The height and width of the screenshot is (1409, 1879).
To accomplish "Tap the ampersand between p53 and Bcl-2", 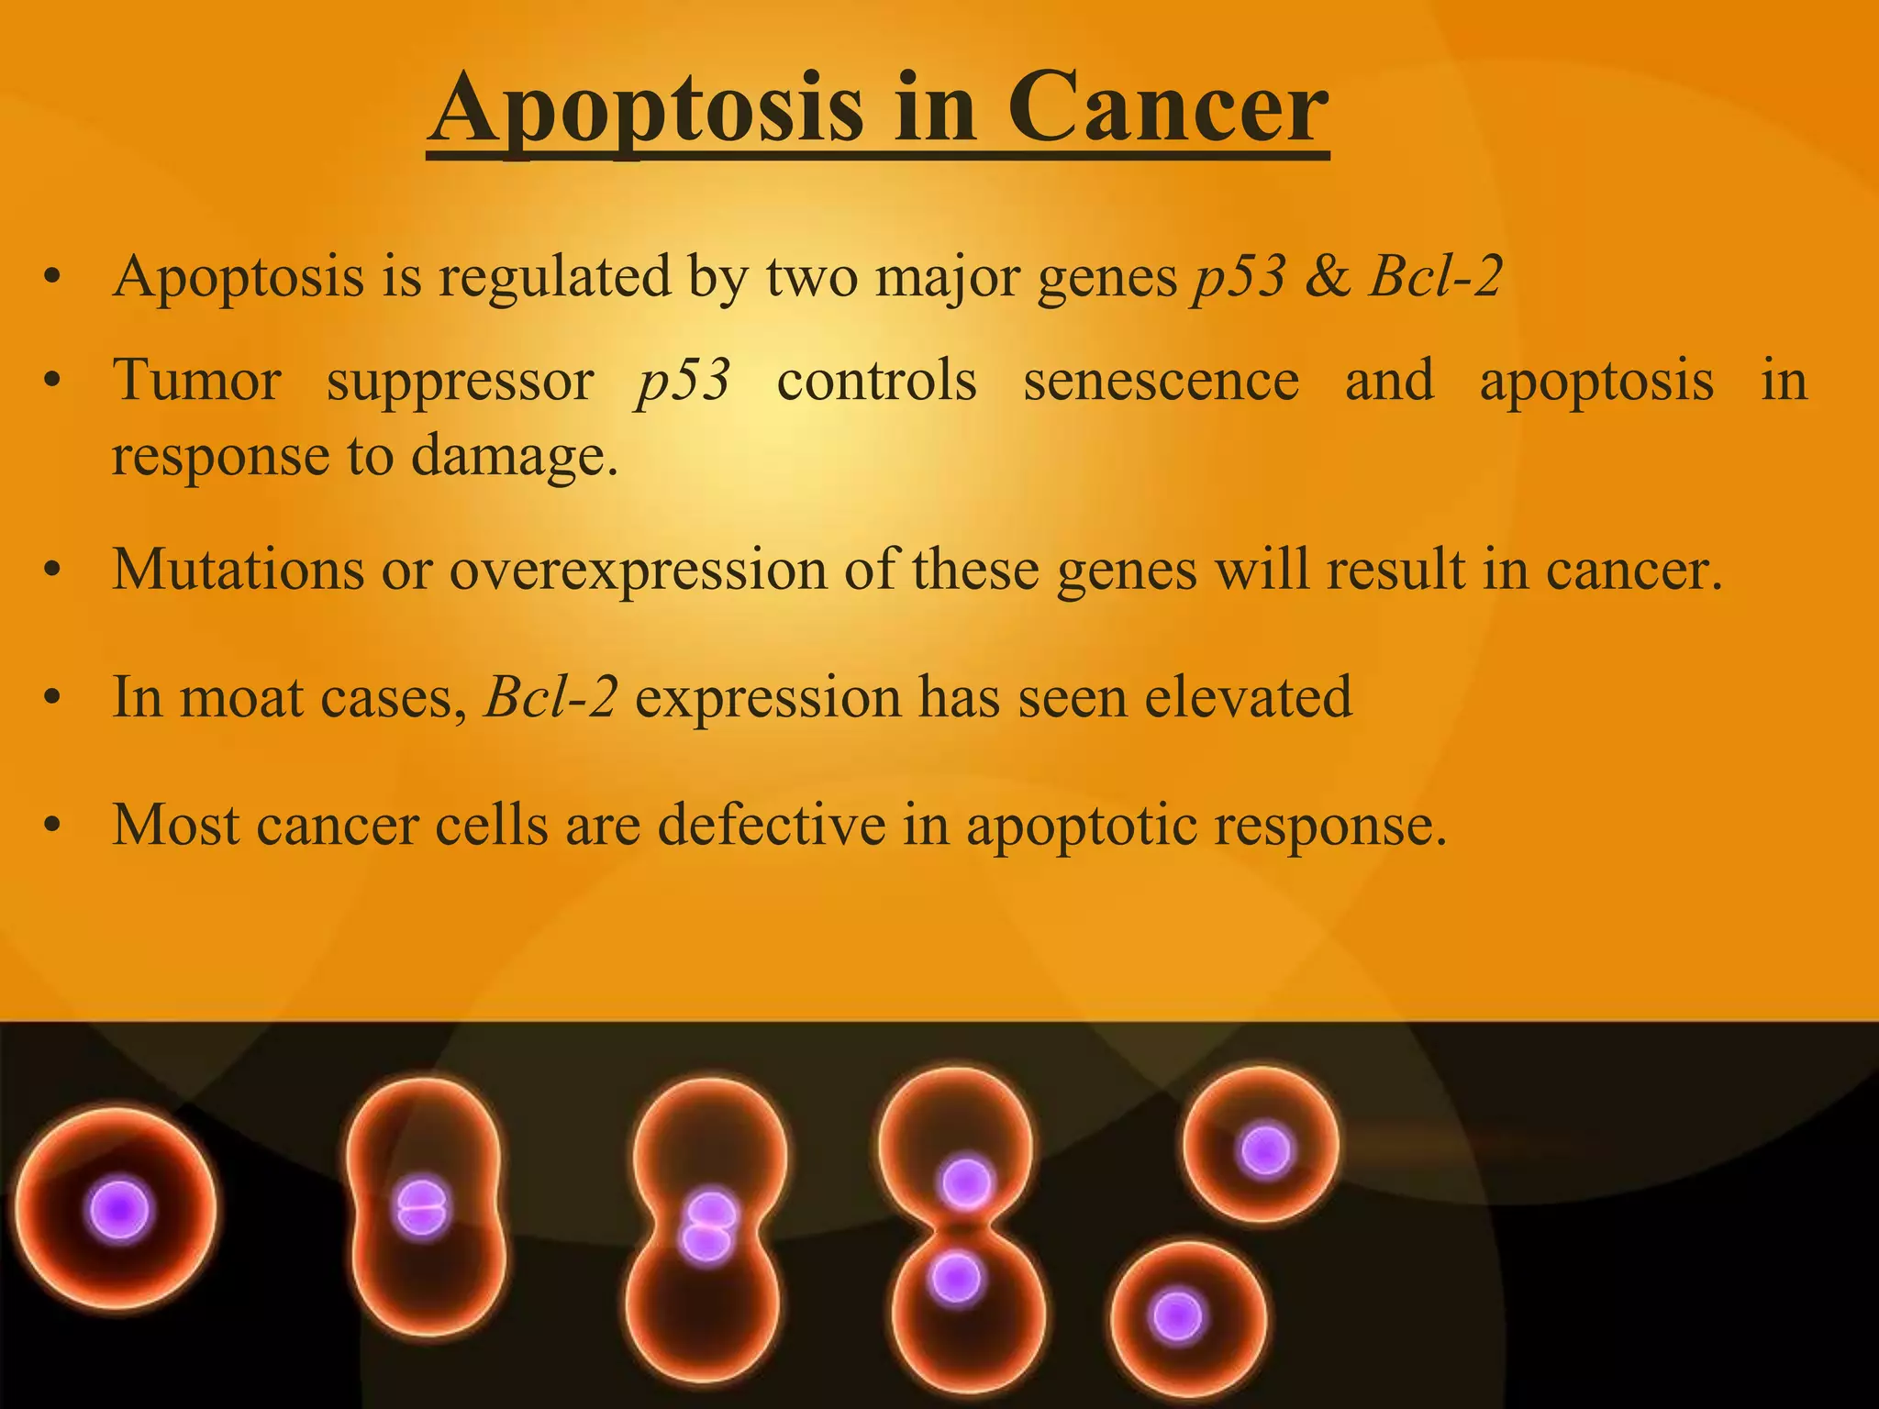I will [1327, 275].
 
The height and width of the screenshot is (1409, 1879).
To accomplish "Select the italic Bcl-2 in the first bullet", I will [1435, 275].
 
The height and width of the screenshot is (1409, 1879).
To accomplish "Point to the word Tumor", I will [196, 380].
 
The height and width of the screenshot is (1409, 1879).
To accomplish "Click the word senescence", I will [1161, 380].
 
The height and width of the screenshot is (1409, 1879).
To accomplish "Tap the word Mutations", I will [239, 569].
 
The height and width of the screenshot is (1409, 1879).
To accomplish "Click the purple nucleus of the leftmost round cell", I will [118, 1211].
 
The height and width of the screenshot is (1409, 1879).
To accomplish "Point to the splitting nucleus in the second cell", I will [421, 1208].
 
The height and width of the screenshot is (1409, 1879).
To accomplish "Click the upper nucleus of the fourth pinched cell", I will [965, 1182].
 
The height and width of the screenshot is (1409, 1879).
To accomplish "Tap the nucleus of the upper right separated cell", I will [1264, 1150].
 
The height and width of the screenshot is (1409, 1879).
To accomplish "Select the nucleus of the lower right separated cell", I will [1176, 1316].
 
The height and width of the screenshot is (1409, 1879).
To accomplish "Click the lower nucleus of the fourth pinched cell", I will [956, 1277].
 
